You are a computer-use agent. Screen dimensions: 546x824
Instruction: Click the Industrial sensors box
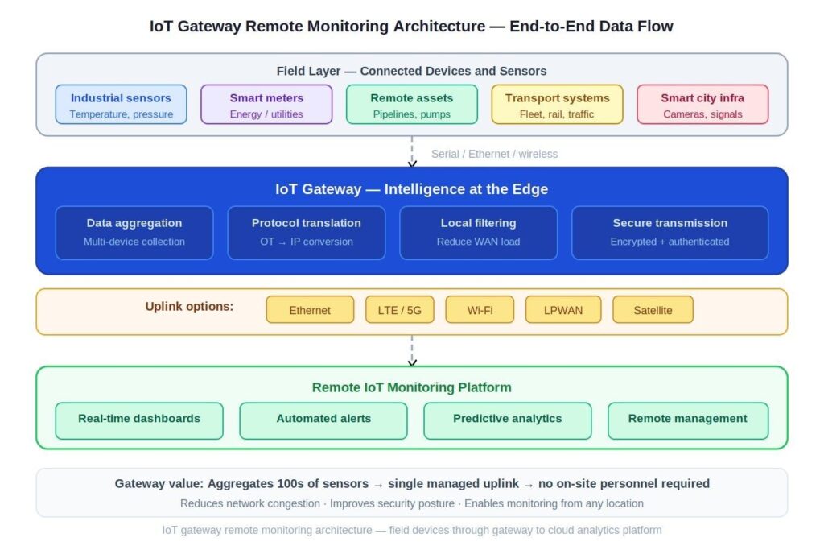(121, 105)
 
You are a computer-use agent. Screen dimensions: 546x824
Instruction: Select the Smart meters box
(266, 105)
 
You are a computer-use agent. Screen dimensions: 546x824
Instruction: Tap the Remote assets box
(412, 105)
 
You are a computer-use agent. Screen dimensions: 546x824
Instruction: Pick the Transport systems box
(558, 105)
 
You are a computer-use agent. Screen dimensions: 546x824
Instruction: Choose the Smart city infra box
(702, 105)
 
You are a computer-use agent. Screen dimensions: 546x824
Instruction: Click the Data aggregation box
(134, 233)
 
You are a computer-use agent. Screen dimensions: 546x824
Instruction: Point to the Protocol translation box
(307, 233)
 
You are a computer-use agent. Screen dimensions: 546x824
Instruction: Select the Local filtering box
(479, 233)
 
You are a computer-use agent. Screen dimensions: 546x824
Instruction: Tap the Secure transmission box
(669, 233)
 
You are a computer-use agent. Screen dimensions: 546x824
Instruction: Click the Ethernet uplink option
(310, 310)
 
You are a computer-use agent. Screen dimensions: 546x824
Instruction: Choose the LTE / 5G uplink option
(399, 310)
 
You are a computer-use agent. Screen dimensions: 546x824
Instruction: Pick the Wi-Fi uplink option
(480, 310)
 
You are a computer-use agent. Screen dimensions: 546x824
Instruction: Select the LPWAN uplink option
(563, 310)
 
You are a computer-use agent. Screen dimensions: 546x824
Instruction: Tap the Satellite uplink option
(653, 310)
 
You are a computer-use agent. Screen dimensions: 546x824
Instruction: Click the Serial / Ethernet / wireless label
(494, 154)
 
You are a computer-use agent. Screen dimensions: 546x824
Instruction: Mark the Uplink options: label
(189, 306)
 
